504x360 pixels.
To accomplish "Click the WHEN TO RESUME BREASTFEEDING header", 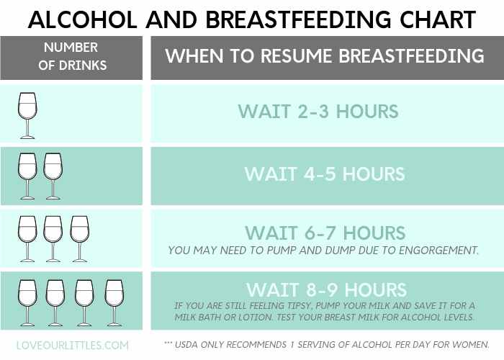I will (324, 57).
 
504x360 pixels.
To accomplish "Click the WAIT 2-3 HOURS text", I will (318, 112).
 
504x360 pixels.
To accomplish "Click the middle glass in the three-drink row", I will (53, 238).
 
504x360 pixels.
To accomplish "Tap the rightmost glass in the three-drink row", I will (79, 238).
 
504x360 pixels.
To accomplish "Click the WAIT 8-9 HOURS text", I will (326, 289).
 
